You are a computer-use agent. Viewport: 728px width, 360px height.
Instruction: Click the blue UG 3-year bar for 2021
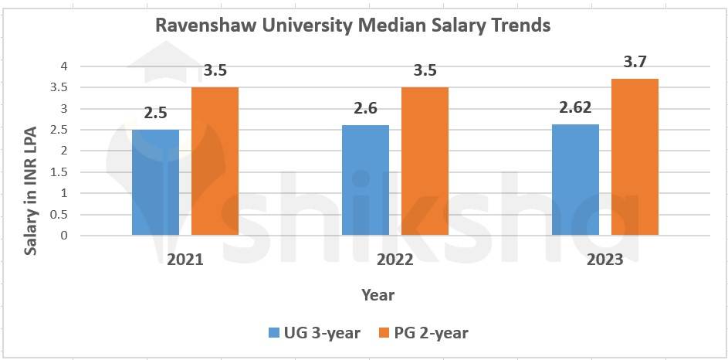155,182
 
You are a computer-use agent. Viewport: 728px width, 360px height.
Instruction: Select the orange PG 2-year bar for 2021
215,161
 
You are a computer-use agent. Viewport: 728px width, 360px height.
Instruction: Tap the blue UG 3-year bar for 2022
365,180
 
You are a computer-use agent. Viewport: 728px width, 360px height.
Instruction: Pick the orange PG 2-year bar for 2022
425,161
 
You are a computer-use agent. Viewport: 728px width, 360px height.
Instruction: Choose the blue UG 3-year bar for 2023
575,179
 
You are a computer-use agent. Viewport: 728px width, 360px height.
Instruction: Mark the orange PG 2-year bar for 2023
635,157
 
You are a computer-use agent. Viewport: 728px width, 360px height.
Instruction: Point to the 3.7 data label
635,62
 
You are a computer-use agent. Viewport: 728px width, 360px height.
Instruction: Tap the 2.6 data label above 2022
365,109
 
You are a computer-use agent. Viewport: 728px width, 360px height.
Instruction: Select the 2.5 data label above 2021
155,113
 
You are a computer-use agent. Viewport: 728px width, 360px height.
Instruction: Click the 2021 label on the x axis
185,260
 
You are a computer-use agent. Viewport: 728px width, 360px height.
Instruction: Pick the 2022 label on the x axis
395,260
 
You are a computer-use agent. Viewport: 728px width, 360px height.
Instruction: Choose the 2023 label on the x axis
604,260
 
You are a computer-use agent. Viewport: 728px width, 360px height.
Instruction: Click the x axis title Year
378,295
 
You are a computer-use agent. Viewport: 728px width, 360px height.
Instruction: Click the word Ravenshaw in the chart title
198,25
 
